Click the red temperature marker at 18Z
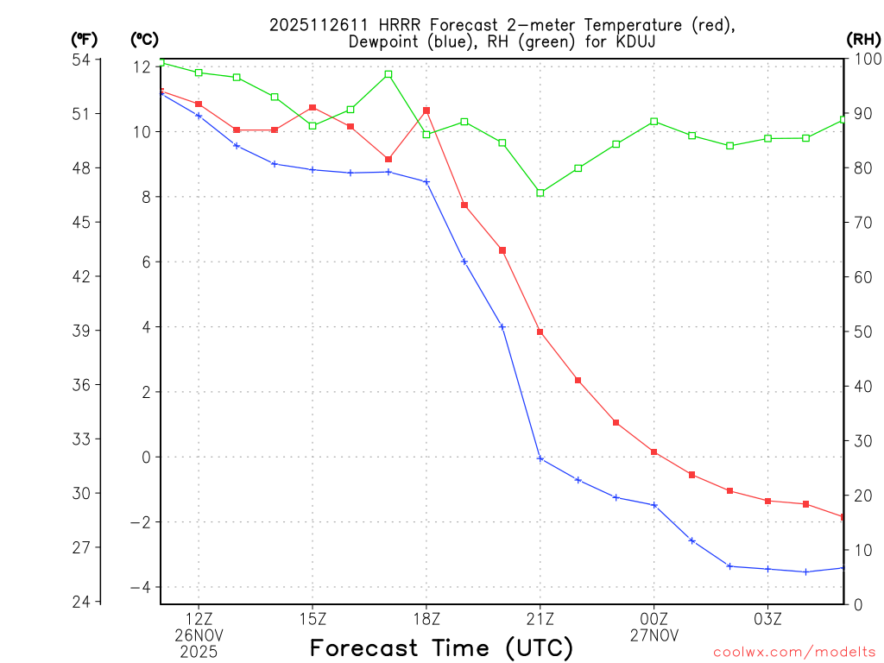(426, 110)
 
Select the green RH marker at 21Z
(540, 193)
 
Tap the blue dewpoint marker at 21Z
(540, 458)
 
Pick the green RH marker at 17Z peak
(388, 74)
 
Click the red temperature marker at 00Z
(654, 452)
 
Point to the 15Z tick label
(313, 618)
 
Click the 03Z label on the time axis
(768, 618)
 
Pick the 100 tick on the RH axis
(865, 60)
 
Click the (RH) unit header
(863, 39)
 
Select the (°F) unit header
(85, 39)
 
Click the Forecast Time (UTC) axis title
(441, 647)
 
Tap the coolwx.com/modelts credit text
(794, 653)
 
